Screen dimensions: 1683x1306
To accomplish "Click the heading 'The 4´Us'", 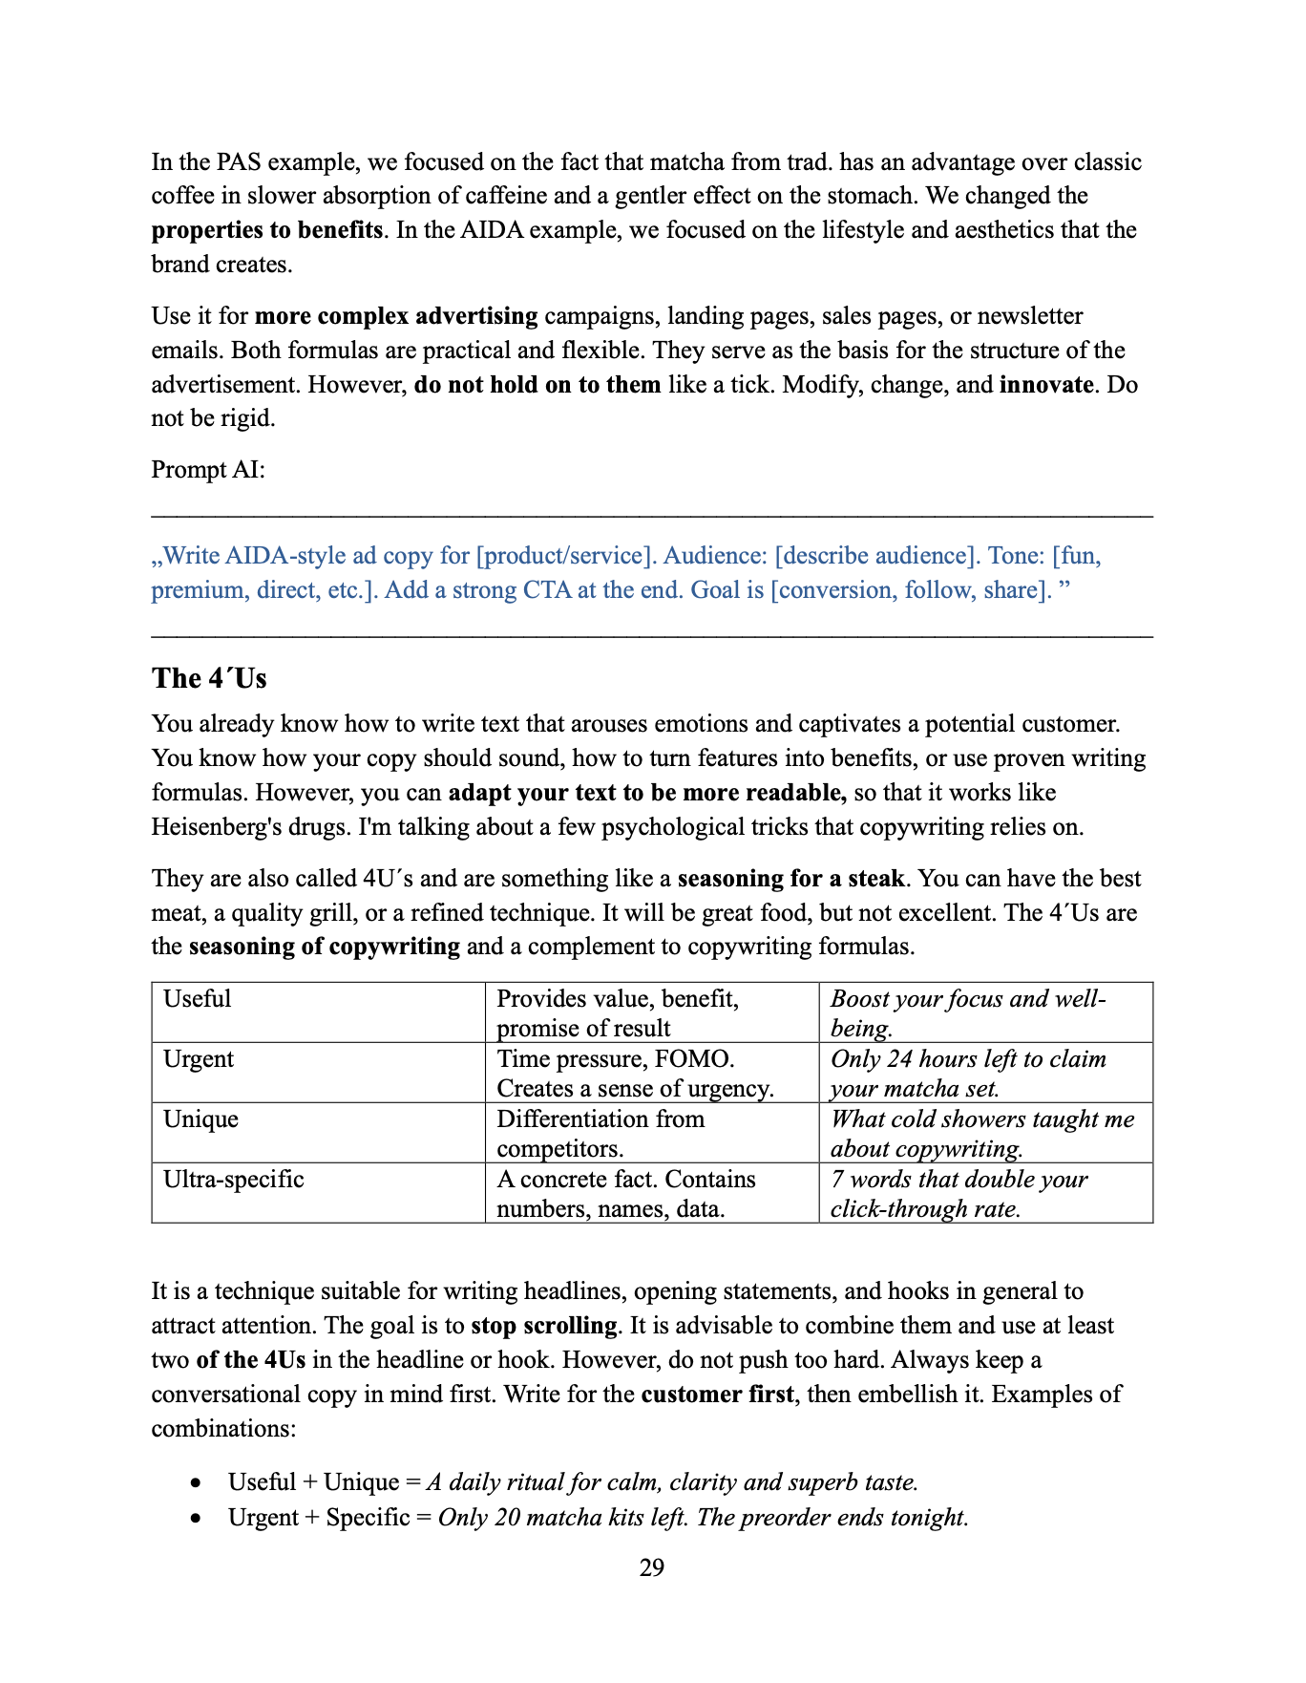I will tap(209, 678).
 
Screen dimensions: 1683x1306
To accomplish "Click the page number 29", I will tap(652, 1567).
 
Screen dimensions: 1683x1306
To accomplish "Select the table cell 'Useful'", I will tap(198, 999).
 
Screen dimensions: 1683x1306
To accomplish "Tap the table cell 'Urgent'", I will tap(199, 1059).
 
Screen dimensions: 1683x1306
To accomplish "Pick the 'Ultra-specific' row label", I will tap(234, 1180).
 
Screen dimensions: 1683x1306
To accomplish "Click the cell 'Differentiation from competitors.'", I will tap(600, 1133).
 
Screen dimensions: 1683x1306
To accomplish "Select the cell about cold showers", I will tap(982, 1133).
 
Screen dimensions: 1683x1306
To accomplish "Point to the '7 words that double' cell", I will tap(958, 1193).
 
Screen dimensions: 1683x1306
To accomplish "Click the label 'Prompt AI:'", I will tap(208, 470).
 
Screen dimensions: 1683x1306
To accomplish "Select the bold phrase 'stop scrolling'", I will tap(544, 1326).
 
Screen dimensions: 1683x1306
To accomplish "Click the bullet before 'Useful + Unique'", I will tap(196, 1483).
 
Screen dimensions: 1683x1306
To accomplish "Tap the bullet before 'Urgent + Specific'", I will tap(196, 1519).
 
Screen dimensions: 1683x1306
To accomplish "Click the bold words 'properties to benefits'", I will tap(267, 230).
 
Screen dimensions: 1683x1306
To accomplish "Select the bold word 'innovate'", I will tap(1046, 385).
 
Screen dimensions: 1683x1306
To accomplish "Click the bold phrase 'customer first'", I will tap(717, 1395).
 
